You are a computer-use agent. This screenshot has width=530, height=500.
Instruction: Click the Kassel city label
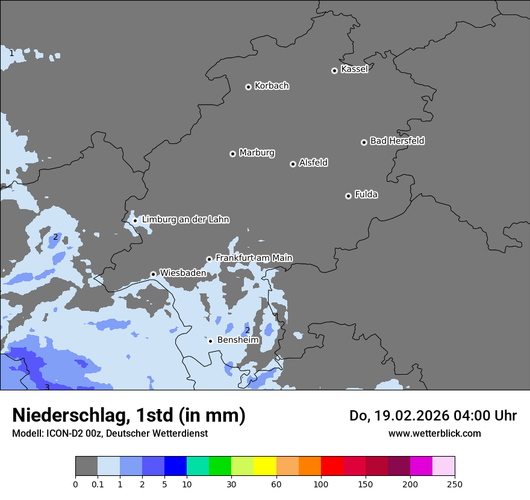[354, 69]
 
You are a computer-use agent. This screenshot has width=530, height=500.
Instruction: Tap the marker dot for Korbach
[248, 87]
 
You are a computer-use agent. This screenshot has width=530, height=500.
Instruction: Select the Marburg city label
[257, 153]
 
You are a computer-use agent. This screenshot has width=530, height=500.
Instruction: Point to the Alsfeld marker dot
[293, 164]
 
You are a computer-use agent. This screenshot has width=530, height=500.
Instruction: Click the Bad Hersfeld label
[397, 141]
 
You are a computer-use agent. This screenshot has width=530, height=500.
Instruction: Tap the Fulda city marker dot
[348, 196]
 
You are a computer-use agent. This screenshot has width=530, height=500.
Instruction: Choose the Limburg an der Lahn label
[185, 220]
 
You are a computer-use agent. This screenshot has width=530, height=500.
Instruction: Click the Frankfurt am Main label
[254, 258]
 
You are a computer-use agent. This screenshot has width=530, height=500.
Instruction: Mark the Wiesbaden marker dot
[153, 274]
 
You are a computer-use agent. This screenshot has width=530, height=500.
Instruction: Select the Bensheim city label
[238, 340]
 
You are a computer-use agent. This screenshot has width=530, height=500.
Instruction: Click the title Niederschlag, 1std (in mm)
[129, 415]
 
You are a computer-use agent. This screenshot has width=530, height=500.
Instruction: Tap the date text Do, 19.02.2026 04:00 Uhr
[433, 416]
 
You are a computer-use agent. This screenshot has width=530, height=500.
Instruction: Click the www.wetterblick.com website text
[434, 433]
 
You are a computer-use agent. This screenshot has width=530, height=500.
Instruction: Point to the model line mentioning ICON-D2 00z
[110, 433]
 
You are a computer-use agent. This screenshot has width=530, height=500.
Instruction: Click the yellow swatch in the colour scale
[265, 466]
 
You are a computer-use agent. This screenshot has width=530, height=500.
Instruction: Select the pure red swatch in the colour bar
[332, 466]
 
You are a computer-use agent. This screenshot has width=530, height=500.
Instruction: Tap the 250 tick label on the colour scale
[455, 484]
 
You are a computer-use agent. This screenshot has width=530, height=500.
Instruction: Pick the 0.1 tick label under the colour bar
[98, 484]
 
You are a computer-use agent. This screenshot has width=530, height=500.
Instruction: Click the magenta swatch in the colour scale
[421, 466]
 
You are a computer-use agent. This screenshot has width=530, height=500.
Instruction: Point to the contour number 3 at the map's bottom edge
[47, 387]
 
